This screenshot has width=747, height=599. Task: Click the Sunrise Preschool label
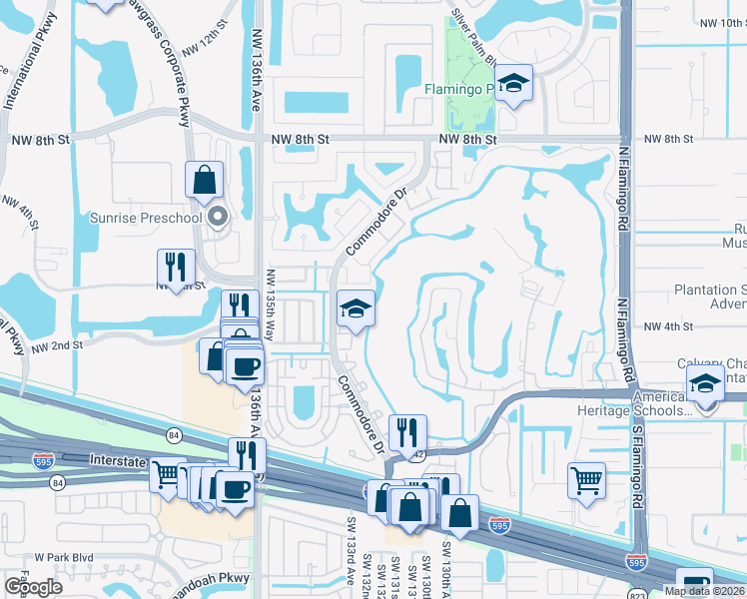point(146,217)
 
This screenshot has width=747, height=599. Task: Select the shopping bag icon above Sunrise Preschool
point(205,181)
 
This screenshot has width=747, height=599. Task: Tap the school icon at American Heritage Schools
point(705,383)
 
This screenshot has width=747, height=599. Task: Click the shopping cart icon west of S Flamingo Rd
point(586,479)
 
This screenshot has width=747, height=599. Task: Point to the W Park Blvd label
point(64,556)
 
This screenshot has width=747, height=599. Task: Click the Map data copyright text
point(702,591)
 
